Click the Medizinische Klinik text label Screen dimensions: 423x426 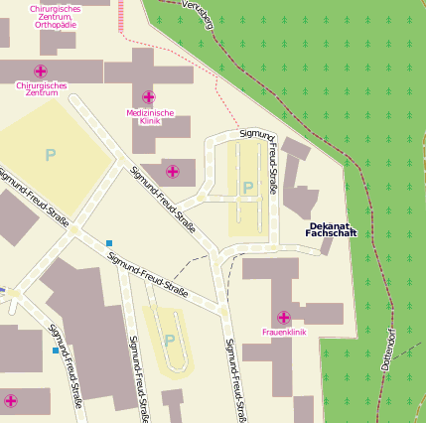[150, 117]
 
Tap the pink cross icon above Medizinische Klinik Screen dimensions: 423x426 [149, 97]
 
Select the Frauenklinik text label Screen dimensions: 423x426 [284, 332]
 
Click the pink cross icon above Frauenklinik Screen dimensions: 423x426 [284, 317]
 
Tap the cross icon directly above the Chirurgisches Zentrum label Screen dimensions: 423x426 [41, 70]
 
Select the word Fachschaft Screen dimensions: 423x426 [331, 234]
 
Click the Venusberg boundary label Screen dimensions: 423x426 [198, 14]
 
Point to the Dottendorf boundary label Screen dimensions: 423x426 [388, 348]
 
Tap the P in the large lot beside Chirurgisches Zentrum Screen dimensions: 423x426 [50, 155]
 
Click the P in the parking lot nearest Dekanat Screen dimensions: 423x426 [247, 187]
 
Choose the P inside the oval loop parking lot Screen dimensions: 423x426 [169, 341]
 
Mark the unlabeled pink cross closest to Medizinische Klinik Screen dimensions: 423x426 [173, 172]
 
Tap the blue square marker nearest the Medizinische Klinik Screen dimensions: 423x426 [109, 242]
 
